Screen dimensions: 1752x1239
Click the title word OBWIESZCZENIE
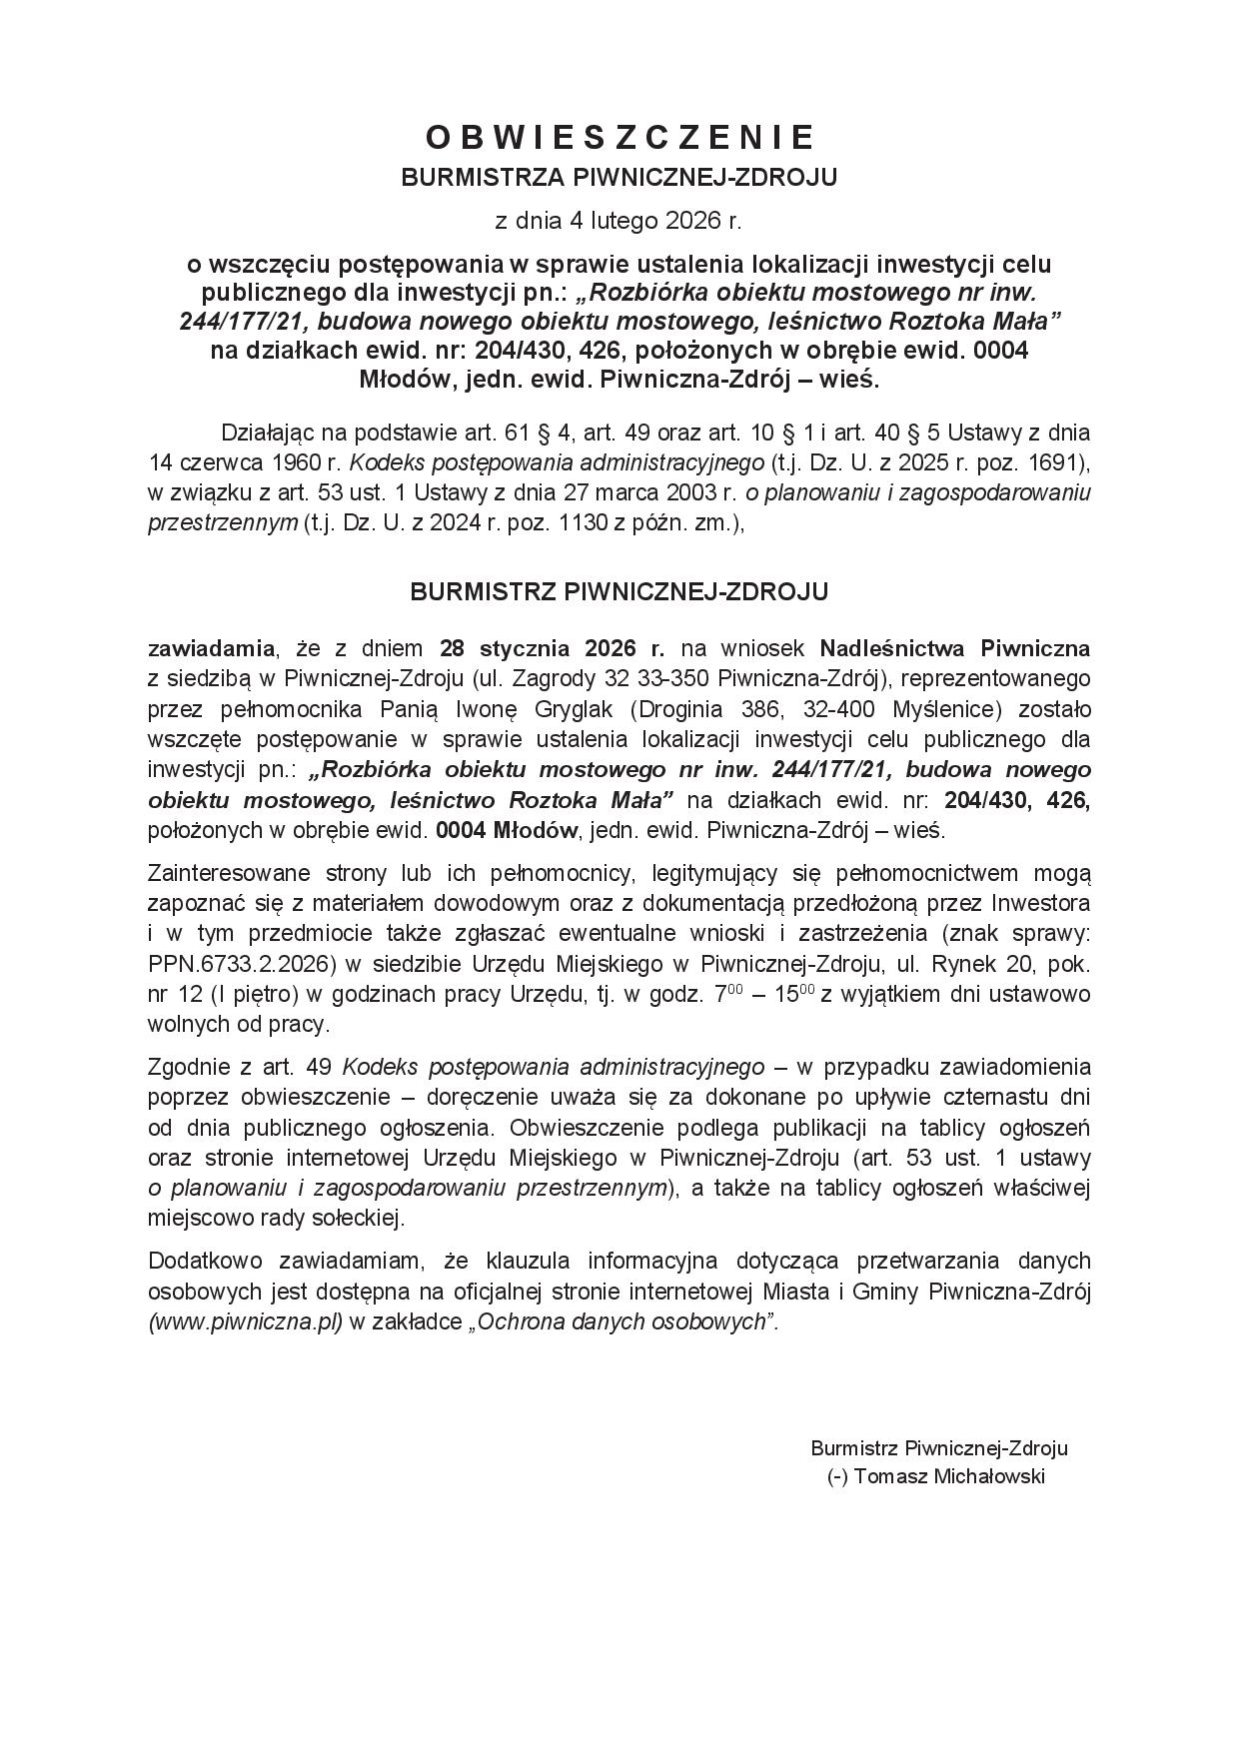point(619,138)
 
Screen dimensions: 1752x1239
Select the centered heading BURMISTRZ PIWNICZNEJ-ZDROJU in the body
point(619,592)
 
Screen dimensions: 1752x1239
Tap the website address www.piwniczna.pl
point(246,1321)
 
